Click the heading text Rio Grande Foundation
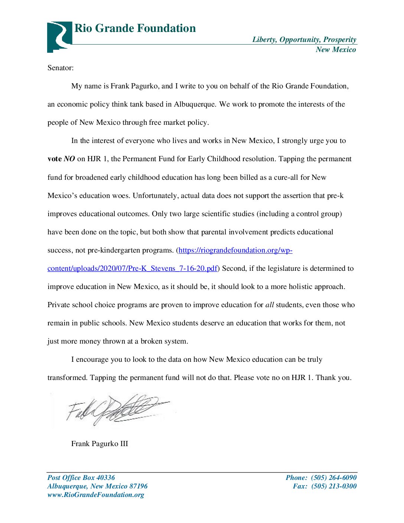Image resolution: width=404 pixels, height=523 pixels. click(x=135, y=28)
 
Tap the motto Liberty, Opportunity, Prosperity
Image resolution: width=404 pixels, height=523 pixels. click(x=304, y=40)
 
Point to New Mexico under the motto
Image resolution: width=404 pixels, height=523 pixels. click(x=336, y=50)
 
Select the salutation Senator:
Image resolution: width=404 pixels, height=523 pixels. click(x=61, y=68)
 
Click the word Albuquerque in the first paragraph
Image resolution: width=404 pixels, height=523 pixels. click(x=195, y=104)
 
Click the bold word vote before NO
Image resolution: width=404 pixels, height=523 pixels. click(x=55, y=159)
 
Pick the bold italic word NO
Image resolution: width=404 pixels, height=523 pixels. click(x=69, y=159)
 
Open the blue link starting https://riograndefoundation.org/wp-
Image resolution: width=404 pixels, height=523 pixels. click(x=235, y=250)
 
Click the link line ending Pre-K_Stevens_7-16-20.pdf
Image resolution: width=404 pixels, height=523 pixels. click(x=132, y=269)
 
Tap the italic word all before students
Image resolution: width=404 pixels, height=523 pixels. click(x=270, y=305)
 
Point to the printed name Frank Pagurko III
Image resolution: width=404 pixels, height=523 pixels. click(x=100, y=444)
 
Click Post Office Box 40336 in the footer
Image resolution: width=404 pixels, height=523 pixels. click(x=81, y=478)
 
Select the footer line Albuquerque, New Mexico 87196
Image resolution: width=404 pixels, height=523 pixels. click(x=97, y=486)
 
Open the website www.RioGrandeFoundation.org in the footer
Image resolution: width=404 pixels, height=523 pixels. click(x=96, y=495)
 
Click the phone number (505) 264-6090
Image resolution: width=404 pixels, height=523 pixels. click(x=333, y=478)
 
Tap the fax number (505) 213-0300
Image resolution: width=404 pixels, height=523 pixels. click(x=333, y=486)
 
